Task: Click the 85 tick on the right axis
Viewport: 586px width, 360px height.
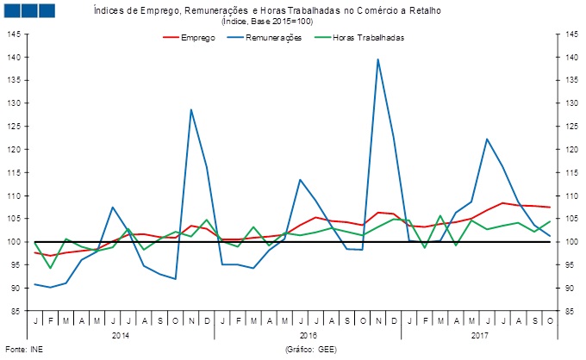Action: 570,312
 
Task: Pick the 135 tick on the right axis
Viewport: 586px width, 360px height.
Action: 570,81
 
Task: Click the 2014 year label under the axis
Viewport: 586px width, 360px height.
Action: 121,334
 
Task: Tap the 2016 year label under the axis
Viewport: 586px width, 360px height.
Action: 308,334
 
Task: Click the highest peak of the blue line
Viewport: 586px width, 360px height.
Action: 377,59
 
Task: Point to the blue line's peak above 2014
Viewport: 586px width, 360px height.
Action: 190,109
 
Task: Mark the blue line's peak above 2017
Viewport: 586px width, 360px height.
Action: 487,139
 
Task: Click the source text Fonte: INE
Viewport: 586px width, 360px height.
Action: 23,351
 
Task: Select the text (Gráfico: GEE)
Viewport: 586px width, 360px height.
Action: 309,351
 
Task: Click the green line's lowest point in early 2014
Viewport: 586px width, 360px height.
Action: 51,268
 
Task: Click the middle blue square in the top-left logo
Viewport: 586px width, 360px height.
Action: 28,9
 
